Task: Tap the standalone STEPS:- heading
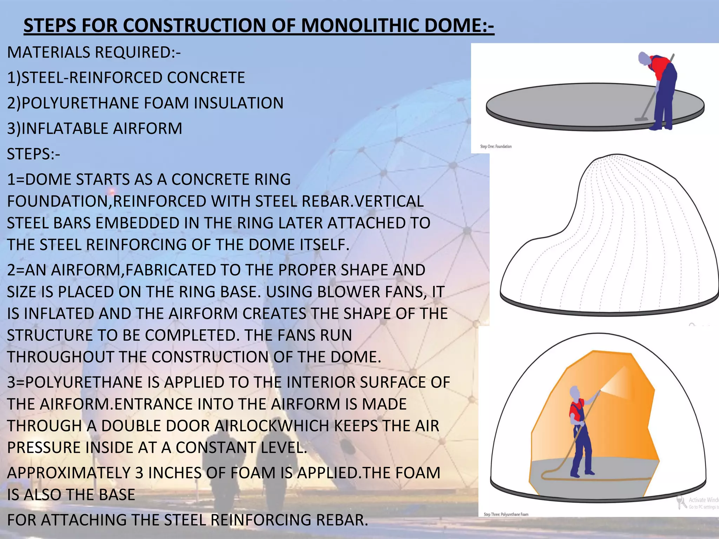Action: tap(33, 154)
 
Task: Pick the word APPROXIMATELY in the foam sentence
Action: tap(68, 473)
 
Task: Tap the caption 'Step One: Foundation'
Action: tap(496, 146)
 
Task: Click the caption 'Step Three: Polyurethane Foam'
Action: tap(506, 514)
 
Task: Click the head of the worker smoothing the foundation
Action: tap(644, 59)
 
